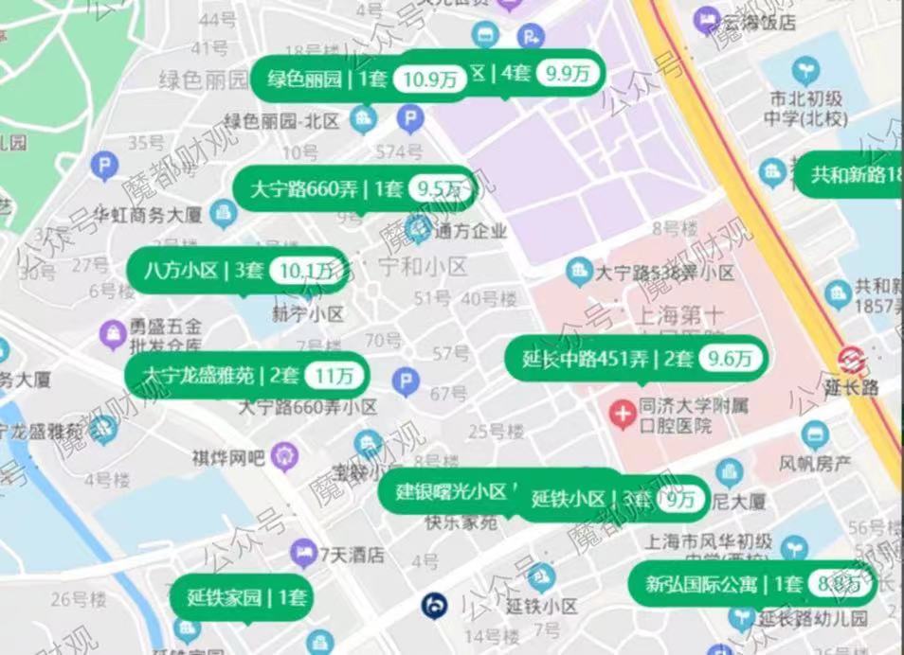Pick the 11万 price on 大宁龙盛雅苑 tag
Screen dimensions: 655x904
[x=337, y=375]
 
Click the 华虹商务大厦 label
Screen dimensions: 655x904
[x=146, y=215]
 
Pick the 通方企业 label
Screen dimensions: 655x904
[x=470, y=229]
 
